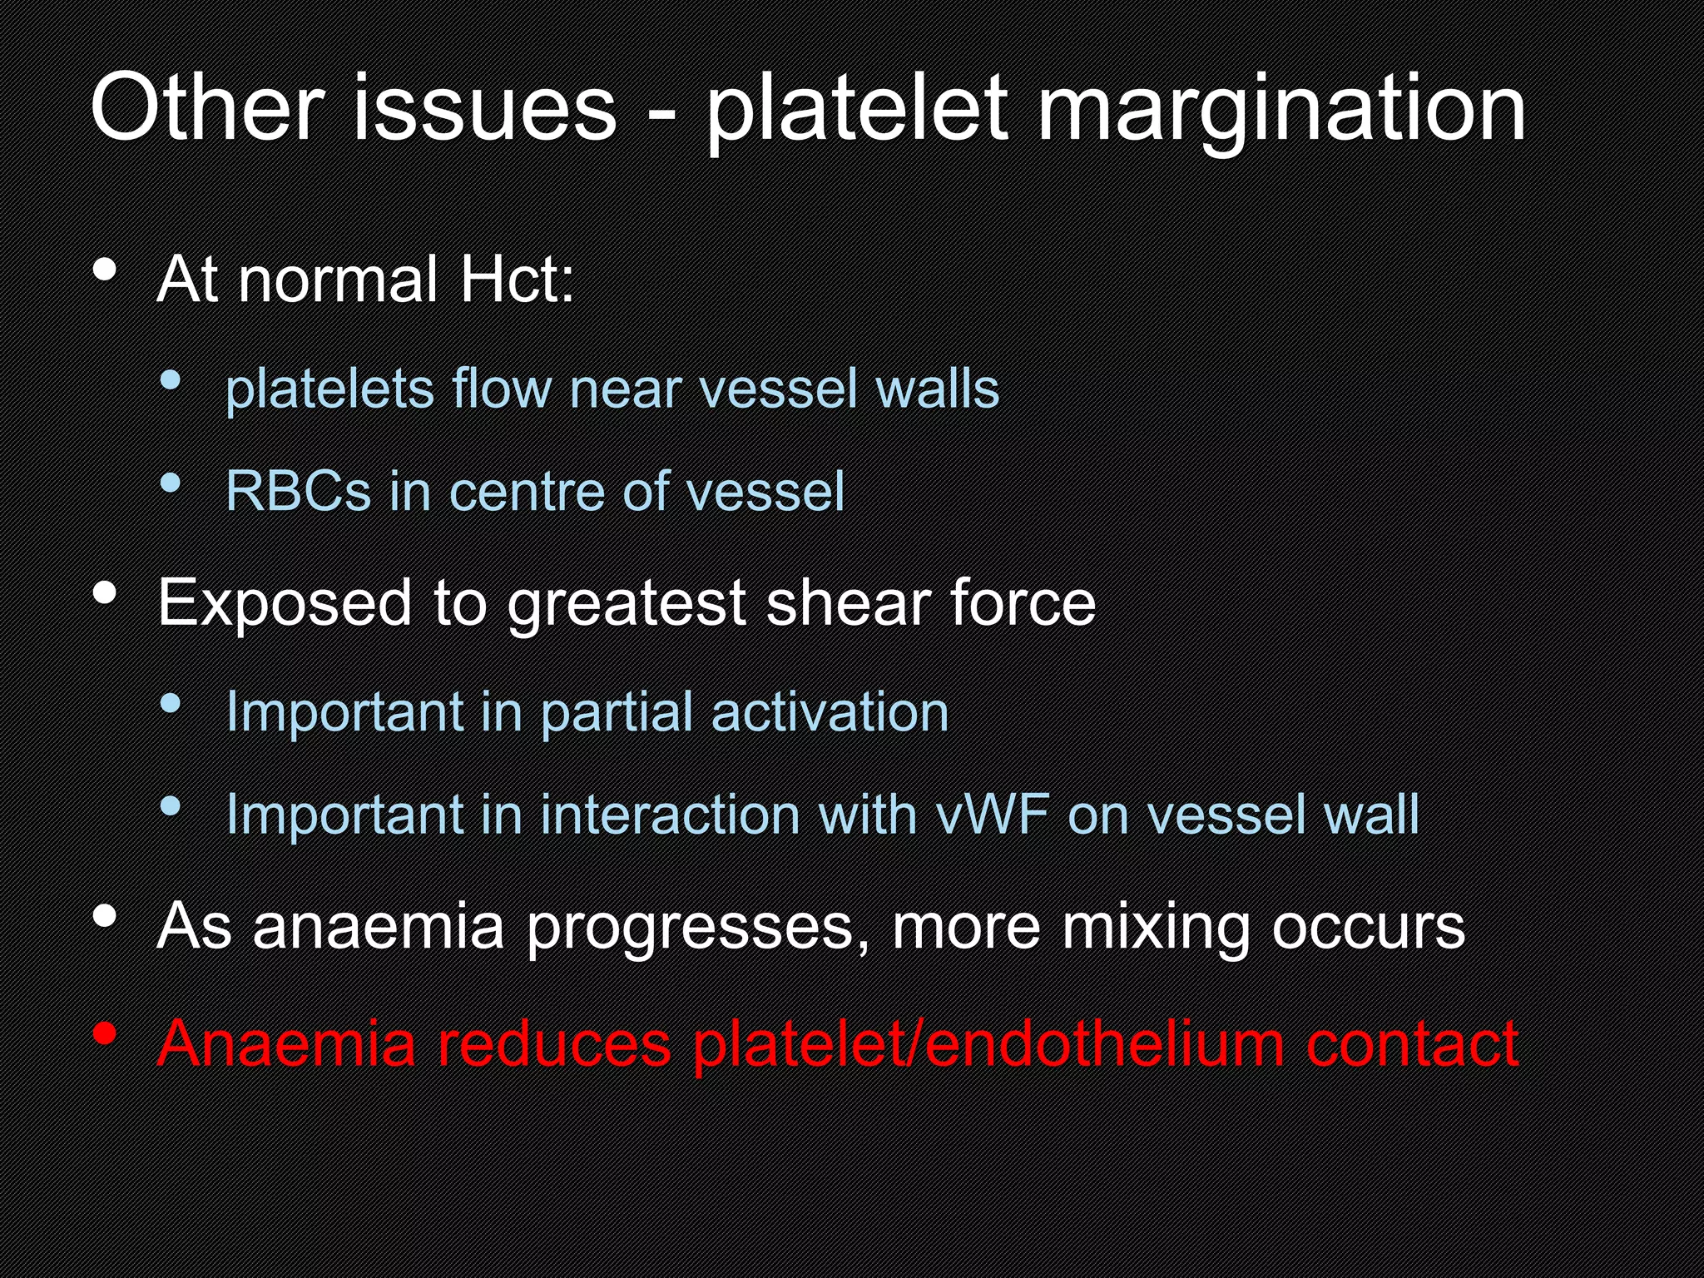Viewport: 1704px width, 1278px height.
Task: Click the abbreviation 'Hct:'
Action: tap(517, 280)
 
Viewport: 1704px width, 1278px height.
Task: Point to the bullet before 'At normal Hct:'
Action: tap(105, 270)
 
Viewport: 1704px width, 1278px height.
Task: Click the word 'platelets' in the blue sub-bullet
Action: tap(329, 389)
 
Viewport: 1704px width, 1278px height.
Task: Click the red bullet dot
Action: tap(105, 1034)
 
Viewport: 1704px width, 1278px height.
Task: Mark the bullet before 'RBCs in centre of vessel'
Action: tap(171, 483)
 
